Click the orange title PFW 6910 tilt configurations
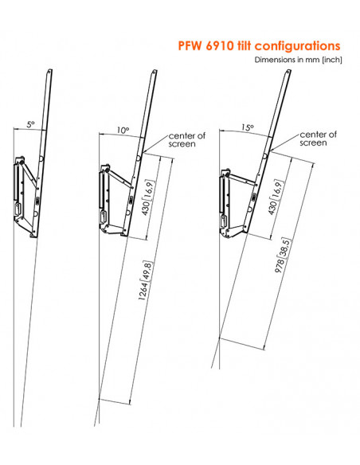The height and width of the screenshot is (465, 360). click(259, 46)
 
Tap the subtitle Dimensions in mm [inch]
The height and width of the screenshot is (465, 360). click(298, 60)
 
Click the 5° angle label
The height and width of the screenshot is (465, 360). click(31, 124)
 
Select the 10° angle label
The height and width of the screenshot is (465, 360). click(123, 131)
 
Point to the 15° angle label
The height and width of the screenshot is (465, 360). click(248, 128)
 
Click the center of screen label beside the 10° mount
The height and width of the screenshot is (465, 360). click(187, 140)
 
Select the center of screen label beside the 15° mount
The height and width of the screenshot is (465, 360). click(318, 139)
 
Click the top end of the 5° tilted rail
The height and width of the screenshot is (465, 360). click(49, 71)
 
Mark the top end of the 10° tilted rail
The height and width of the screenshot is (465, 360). click(155, 72)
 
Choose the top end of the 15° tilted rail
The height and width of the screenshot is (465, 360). click(288, 72)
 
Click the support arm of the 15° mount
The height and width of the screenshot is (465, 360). click(241, 179)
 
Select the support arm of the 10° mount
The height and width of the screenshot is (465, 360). click(119, 178)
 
